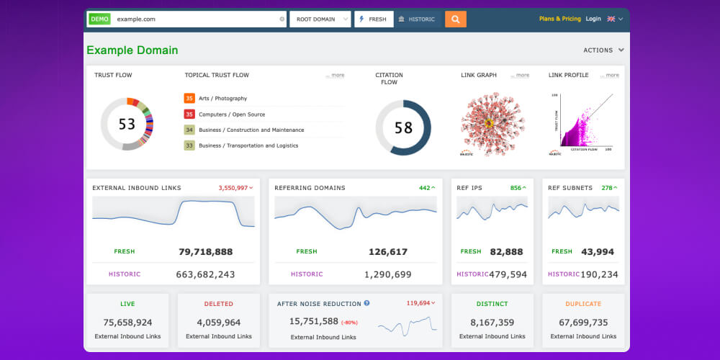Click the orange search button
(455, 19)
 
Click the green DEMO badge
(99, 19)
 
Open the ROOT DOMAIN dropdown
(320, 19)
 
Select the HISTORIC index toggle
(417, 19)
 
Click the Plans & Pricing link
(559, 19)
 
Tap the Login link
(593, 19)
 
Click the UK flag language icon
(611, 19)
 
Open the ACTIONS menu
(603, 50)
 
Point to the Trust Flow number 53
(127, 124)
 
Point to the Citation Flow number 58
(403, 127)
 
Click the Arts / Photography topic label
(222, 99)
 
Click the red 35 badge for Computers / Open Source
(189, 114)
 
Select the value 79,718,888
(205, 252)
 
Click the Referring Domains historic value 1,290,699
(387, 274)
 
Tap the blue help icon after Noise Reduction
(366, 304)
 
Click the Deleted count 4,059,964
(218, 323)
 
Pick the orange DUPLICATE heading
(582, 304)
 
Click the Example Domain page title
(132, 50)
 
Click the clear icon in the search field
(282, 19)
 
